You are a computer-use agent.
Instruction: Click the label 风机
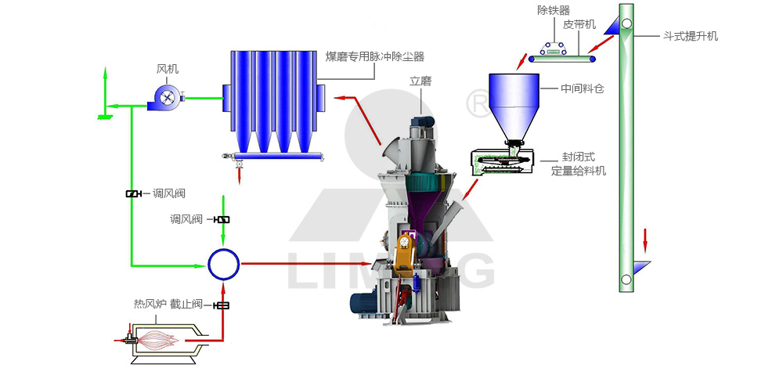coord(168,70)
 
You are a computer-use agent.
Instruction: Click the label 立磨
coord(420,81)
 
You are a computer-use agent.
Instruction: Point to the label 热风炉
coord(150,303)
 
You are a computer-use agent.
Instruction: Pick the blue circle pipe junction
coord(224,264)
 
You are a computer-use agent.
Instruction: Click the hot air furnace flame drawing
coord(161,338)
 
